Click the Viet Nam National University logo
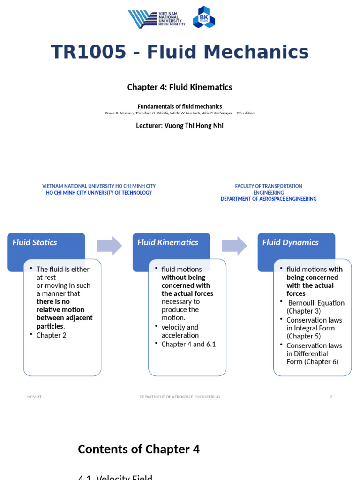click(157, 19)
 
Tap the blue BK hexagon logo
click(204, 17)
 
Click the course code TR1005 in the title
click(88, 52)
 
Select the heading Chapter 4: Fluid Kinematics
click(180, 87)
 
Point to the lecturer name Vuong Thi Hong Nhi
click(180, 126)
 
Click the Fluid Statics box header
click(35, 242)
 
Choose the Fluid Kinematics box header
click(168, 242)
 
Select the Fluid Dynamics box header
click(291, 242)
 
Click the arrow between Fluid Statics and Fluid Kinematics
click(109, 246)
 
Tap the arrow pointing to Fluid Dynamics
click(234, 246)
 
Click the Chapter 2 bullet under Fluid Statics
click(52, 335)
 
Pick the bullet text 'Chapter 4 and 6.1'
click(188, 344)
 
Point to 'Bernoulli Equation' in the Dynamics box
click(316, 303)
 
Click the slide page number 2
click(331, 397)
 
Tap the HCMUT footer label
click(34, 397)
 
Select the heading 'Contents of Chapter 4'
click(139, 449)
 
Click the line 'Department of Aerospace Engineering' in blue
click(269, 199)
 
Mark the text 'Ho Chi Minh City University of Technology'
click(99, 193)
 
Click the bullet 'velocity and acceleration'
click(180, 331)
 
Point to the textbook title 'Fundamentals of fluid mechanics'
click(180, 106)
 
